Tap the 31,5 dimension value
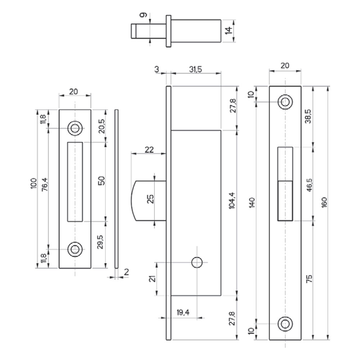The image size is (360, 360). [195, 69]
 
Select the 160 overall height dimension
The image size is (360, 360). [324, 202]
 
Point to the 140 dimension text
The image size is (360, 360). [252, 202]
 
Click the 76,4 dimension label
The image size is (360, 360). [45, 184]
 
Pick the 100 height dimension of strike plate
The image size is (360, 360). [33, 184]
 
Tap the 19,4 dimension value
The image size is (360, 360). [183, 312]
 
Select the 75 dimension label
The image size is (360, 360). [309, 279]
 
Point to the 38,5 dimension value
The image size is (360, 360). [308, 116]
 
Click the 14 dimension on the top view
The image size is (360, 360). [228, 31]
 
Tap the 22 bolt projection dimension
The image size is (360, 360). [149, 150]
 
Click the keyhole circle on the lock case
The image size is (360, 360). [197, 262]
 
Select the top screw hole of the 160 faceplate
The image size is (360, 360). [285, 102]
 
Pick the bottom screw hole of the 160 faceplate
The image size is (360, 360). [285, 324]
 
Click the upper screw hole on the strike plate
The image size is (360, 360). [75, 128]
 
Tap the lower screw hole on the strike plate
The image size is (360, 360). [75, 249]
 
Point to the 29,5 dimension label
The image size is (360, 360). [100, 242]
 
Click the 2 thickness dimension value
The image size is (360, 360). [126, 272]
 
